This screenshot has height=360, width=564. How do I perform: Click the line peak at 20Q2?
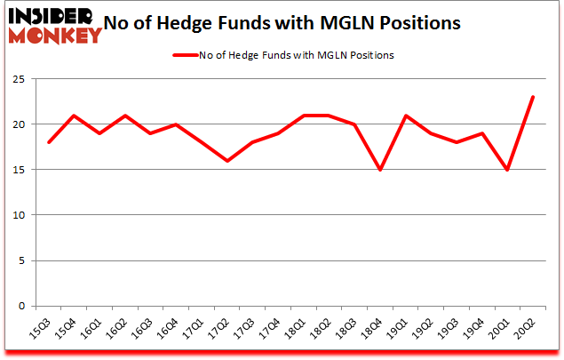(x=532, y=97)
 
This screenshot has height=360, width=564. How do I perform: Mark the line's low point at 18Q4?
(x=380, y=170)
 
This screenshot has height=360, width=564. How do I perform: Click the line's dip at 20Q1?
(x=506, y=170)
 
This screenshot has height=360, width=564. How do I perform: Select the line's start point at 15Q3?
(x=50, y=142)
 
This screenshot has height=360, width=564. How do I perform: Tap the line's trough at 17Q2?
(x=227, y=161)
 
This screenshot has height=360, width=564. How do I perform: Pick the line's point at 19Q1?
(x=405, y=116)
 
